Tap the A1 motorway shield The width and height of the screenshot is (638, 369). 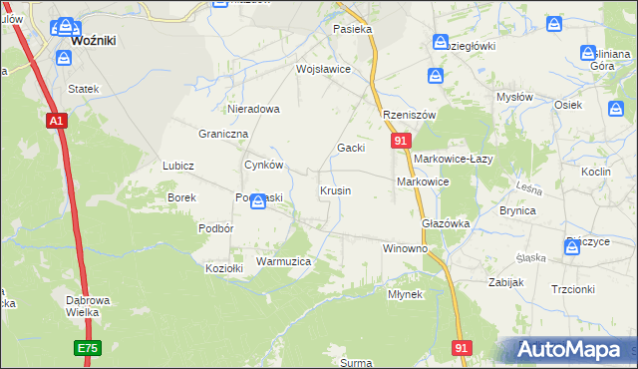56,121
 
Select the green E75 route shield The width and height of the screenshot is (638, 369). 86,349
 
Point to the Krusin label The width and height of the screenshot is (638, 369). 335,190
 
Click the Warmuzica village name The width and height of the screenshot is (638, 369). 284,261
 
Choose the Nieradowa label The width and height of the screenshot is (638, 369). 253,109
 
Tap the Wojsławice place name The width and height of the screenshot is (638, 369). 323,70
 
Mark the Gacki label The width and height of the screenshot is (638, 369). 350,148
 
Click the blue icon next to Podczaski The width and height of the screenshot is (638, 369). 258,202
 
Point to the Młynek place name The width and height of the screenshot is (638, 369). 406,294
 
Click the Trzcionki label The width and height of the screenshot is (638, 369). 572,289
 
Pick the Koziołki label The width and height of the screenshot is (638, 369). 224,268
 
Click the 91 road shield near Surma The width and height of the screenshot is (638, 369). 461,347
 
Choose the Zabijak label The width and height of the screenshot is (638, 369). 506,282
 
